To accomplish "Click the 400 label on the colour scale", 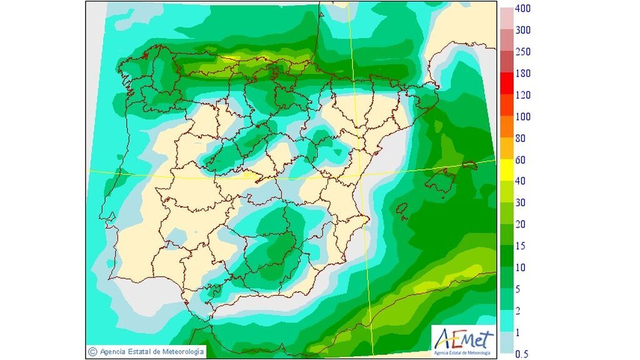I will coord(522,9).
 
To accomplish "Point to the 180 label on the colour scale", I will coord(522,74).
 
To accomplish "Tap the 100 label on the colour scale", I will coord(522,117).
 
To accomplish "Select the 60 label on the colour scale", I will coord(520,160).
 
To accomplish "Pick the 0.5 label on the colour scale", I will coord(521,354).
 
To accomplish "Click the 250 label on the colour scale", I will coord(522,52).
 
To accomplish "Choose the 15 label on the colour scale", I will coord(520,246).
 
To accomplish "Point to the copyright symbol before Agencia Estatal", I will coord(92,352).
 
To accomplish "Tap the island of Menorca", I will coord(469,166).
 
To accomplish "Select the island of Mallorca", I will coord(441,182).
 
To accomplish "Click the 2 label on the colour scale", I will coord(517,311).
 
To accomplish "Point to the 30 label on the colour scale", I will coord(520,203).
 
